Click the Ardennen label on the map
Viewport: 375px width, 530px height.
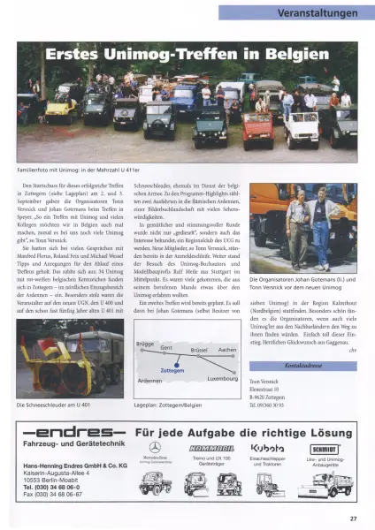point(149,382)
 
